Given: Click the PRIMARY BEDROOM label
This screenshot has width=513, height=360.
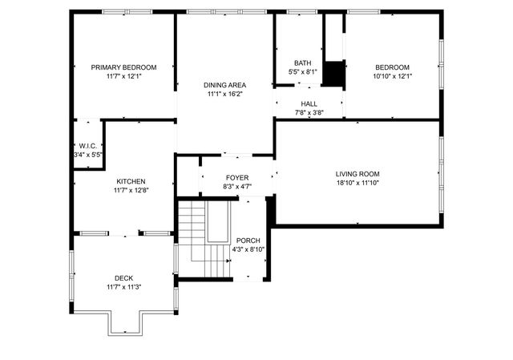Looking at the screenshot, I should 123,67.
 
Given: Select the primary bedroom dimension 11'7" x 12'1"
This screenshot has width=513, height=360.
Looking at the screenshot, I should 123,77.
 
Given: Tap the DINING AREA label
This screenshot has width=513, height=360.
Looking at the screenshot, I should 224,85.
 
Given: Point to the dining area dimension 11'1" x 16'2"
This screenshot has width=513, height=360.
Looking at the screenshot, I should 224,94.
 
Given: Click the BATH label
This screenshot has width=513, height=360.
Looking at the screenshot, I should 302,63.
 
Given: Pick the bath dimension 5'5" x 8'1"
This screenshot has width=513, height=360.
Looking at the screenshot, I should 302,72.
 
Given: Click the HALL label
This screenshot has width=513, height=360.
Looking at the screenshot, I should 309,104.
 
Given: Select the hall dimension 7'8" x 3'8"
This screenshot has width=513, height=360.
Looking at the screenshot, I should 309,113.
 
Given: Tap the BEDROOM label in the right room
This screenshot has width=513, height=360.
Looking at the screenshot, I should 392,67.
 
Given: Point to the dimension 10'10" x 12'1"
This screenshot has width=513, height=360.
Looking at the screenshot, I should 392,77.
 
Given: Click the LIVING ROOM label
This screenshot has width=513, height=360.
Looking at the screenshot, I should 357,173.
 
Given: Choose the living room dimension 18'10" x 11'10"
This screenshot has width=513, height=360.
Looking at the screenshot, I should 357,183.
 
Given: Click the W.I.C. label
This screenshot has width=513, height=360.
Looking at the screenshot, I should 87,145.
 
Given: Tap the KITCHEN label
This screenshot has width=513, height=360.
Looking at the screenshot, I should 131,181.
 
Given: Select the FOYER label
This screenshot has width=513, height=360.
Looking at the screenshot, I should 237,177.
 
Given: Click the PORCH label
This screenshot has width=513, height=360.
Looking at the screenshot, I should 248,241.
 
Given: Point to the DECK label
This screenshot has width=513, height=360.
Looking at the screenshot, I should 123,278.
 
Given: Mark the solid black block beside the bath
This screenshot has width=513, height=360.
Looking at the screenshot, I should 334,74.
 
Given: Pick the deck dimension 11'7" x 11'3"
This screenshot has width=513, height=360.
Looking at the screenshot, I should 123,288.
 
